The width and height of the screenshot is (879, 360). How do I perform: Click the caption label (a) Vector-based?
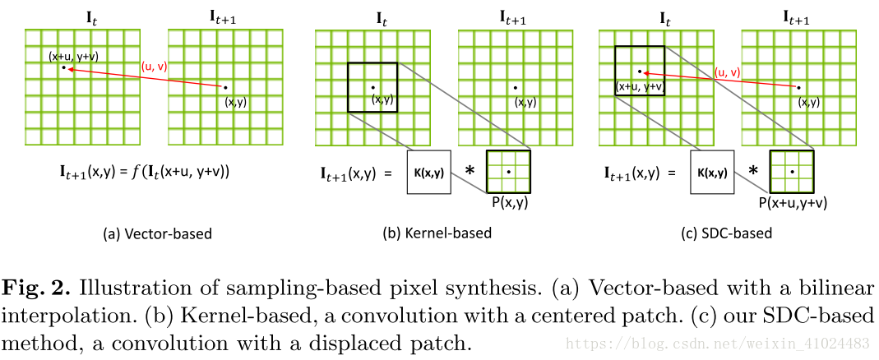point(156,233)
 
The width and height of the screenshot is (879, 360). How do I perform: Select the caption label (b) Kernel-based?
point(437,233)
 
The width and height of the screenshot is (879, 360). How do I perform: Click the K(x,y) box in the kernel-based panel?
point(429,173)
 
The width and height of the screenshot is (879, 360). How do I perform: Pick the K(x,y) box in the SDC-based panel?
point(711,173)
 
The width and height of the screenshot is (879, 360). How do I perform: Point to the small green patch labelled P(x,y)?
point(508,172)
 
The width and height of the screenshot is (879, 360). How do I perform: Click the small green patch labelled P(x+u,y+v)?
point(791,172)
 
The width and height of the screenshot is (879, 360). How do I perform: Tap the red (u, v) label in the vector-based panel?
point(155,67)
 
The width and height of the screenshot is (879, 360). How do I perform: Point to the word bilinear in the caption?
point(838,289)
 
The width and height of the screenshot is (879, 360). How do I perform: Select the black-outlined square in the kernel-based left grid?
point(372,87)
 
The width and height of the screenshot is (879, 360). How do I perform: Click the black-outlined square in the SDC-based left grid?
point(640,72)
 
